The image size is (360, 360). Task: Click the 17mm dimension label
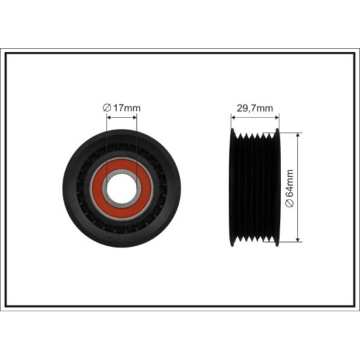tap(127, 107)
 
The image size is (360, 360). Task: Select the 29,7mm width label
tap(255, 108)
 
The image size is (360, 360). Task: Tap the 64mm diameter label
tap(290, 183)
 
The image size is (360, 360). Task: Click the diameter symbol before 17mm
tap(107, 107)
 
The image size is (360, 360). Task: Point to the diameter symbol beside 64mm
tap(290, 203)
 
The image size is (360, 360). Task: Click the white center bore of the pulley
tap(122, 188)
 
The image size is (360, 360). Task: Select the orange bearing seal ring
tap(122, 188)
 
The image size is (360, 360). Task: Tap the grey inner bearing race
tap(122, 188)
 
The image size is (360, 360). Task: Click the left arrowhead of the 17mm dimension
tap(109, 117)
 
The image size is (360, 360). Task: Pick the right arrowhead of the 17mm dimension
tap(135, 117)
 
